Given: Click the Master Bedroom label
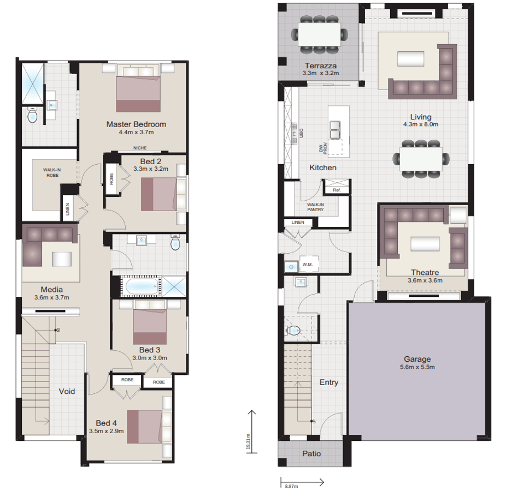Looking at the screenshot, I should [136, 124].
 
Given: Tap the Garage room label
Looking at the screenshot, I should [417, 359].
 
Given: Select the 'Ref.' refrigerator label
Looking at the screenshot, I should [336, 190].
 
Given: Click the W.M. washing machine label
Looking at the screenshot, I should [307, 266].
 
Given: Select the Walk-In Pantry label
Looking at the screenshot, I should [315, 206].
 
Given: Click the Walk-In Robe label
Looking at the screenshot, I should [52, 173].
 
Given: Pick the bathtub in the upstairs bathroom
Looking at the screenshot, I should [140, 286].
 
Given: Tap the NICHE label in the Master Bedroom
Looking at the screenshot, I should [140, 148].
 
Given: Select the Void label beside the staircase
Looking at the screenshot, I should [67, 391].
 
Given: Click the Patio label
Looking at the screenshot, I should [311, 453].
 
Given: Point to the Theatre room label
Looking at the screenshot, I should [425, 272].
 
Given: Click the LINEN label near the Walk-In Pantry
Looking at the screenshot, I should [298, 222].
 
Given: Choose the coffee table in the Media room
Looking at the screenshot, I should [62, 259].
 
